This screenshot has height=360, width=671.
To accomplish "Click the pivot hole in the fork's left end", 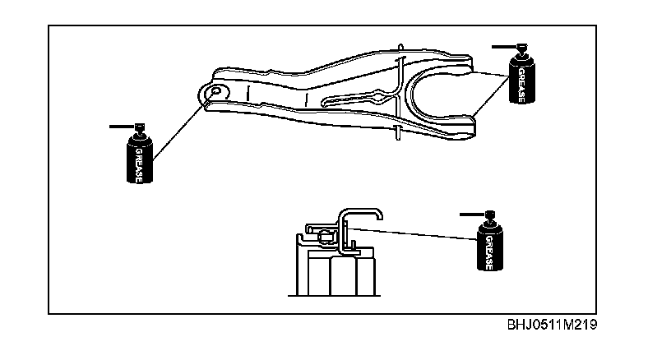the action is [x=215, y=91].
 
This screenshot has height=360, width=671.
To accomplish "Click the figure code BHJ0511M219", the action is [x=552, y=324].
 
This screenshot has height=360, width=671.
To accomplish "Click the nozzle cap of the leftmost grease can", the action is [x=140, y=129].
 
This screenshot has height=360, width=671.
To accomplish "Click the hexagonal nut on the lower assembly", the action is [x=326, y=237].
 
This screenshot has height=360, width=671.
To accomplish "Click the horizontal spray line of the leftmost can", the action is [x=121, y=127].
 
